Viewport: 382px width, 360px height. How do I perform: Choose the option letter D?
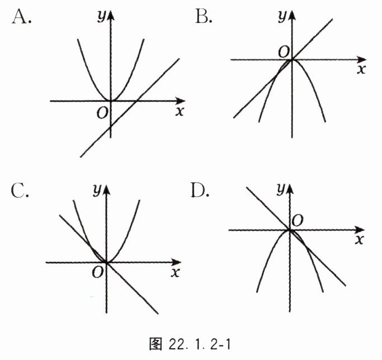point(200,191)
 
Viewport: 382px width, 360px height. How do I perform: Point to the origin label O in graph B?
point(284,51)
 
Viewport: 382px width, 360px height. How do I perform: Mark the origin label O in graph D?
point(297,221)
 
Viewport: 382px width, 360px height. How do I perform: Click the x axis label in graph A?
point(180,111)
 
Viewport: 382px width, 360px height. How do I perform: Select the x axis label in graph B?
point(361,69)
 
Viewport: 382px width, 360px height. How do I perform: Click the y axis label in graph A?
point(101,17)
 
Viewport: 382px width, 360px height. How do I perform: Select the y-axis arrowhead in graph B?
point(291,12)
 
